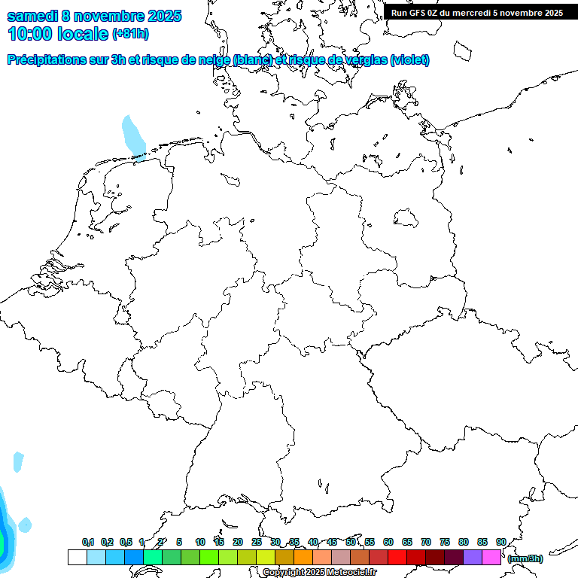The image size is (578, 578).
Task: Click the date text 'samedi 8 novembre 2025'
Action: click(94, 16)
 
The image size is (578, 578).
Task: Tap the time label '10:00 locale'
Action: click(58, 33)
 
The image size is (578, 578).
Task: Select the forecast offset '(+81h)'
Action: click(130, 34)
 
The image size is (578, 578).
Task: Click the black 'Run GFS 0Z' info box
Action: click(477, 13)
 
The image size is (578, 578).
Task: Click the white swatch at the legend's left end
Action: click(77, 557)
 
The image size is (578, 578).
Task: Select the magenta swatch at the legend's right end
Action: click(491, 557)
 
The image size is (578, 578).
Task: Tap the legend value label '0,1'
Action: click(88, 542)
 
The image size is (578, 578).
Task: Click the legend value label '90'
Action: click(501, 542)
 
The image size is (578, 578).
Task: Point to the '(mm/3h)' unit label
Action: click(525, 558)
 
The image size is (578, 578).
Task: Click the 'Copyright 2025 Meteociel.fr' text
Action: click(320, 573)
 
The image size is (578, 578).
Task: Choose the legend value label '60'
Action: click(388, 542)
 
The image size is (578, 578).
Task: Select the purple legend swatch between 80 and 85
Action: click(473, 557)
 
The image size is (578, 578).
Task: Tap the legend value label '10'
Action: click(200, 542)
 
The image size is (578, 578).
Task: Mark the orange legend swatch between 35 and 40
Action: click(303, 557)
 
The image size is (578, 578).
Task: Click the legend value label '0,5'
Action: click(126, 542)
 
